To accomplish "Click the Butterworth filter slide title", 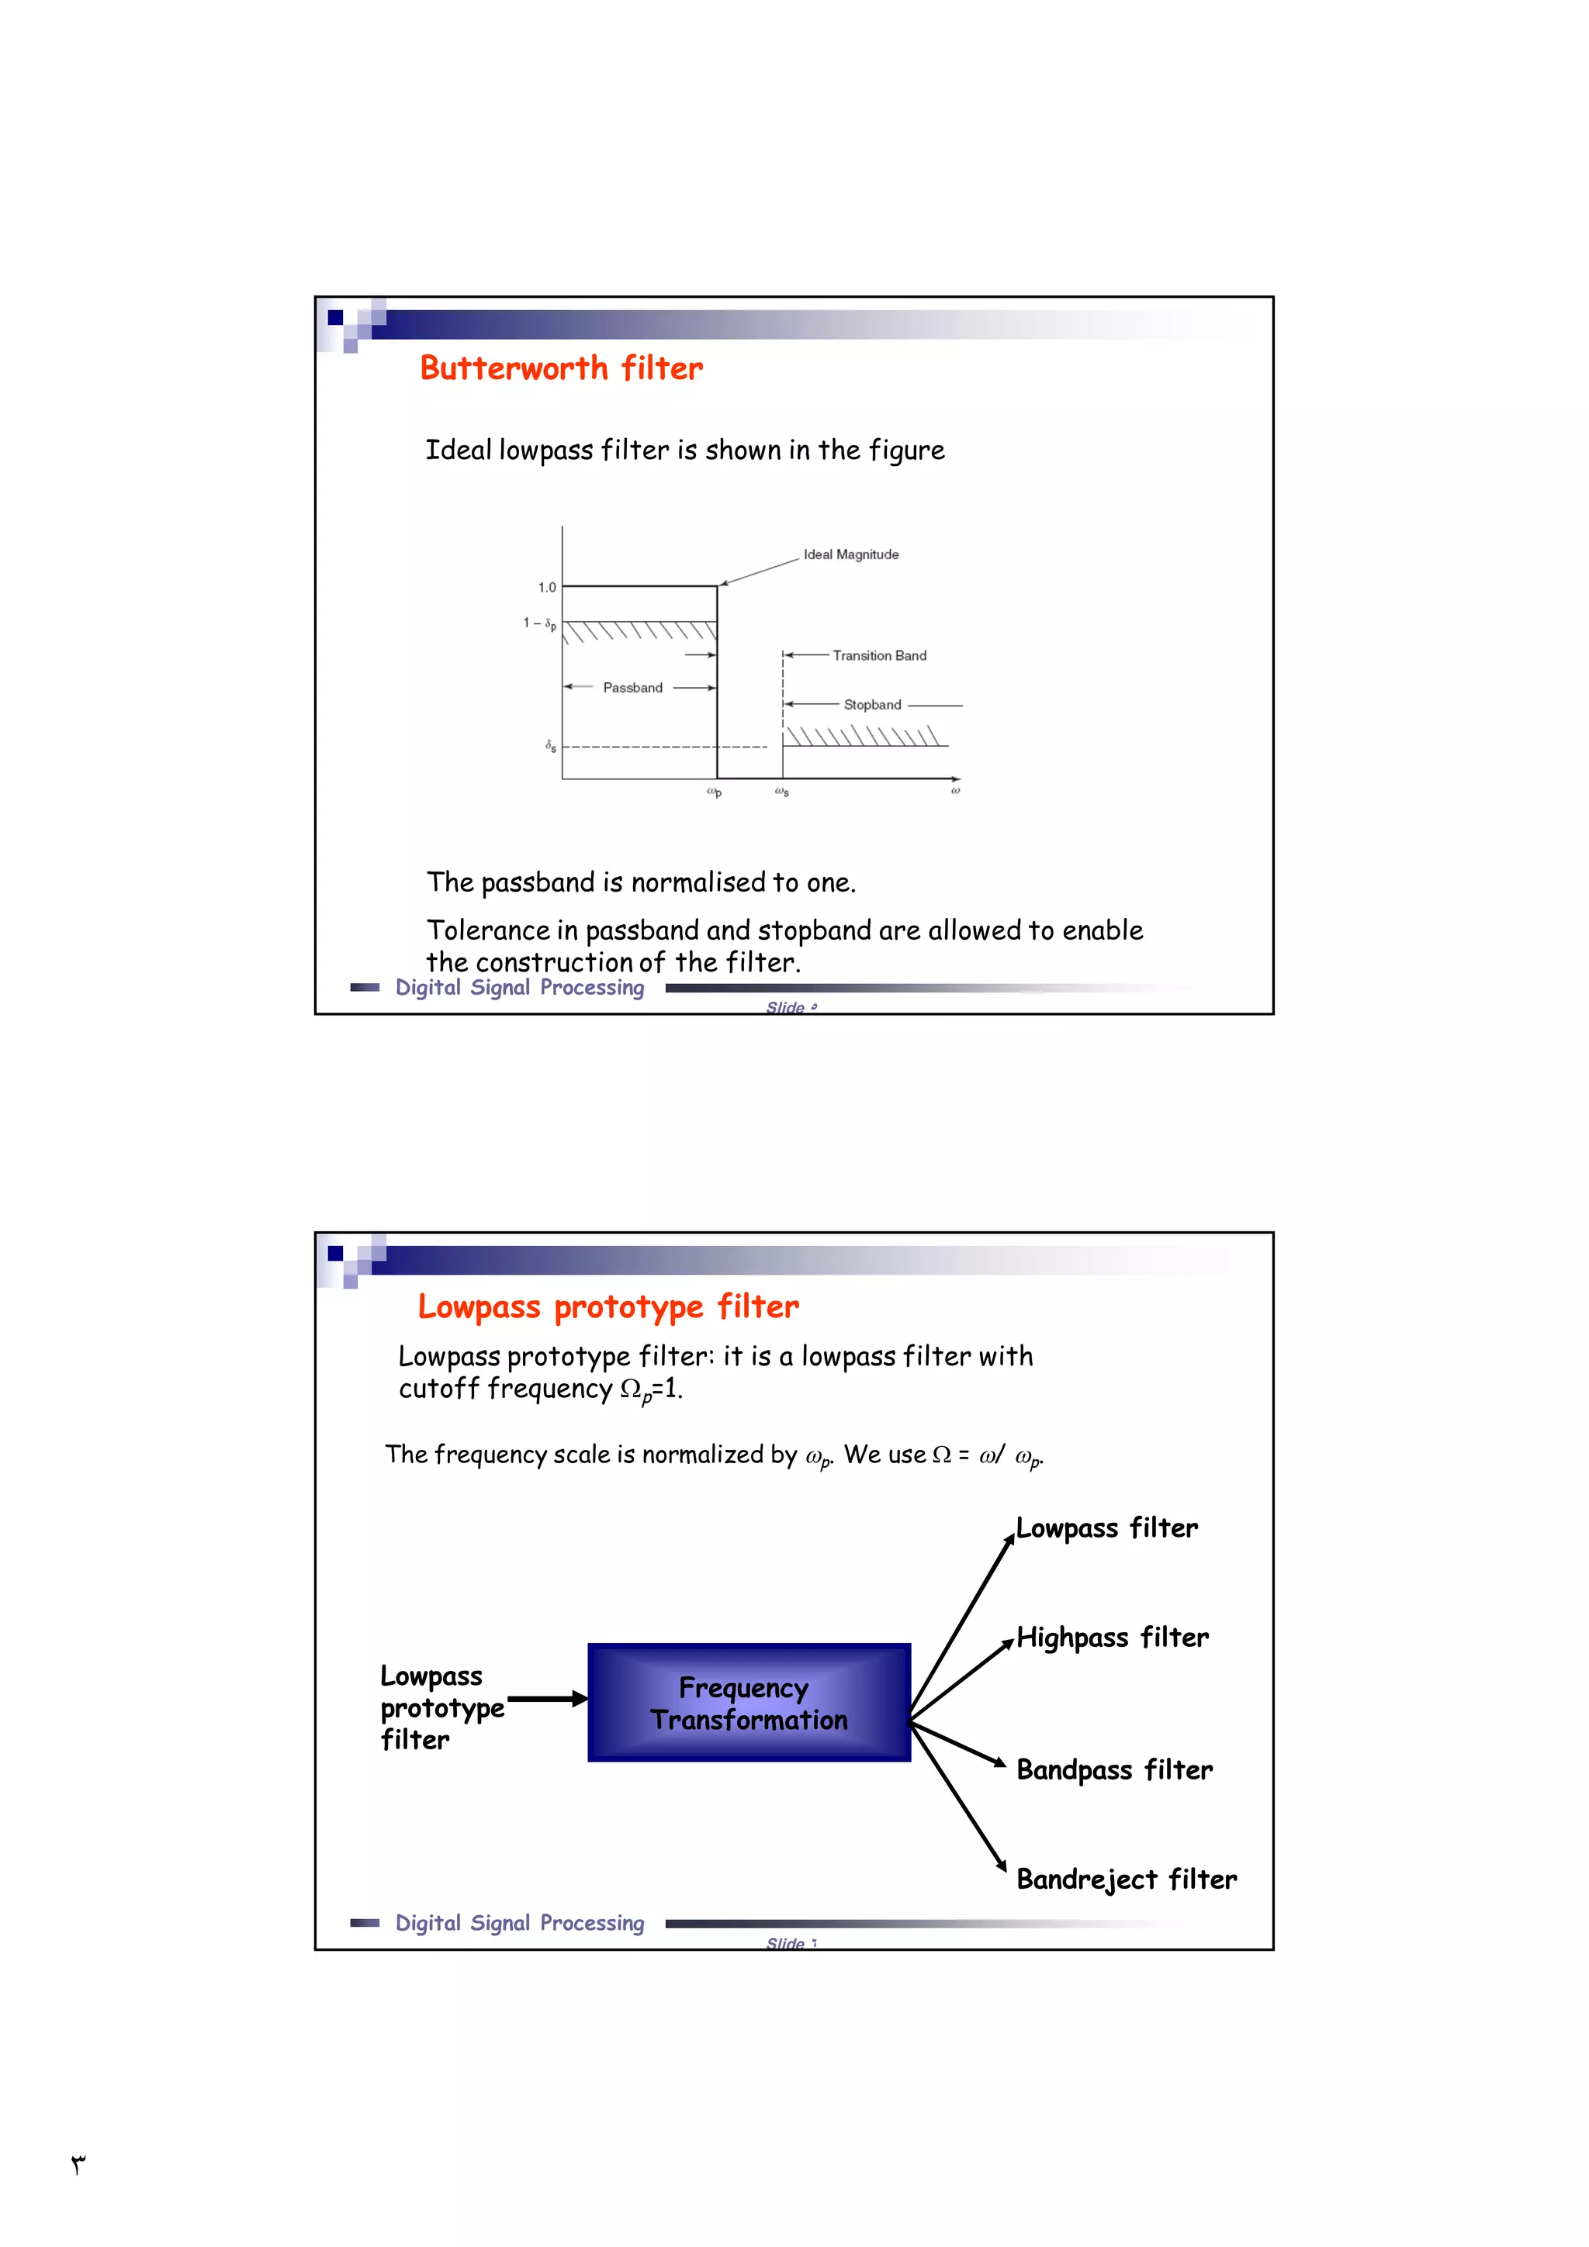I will coord(561,369).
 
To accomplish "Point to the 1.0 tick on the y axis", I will coord(546,587).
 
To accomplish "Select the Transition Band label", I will coord(879,656).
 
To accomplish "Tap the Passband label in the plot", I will coord(632,688).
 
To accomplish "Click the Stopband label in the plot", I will coord(872,705).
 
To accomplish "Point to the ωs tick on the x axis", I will coord(781,792).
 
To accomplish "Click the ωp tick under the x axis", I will coord(714,792).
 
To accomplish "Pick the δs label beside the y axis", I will coord(551,746).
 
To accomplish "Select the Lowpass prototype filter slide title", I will coord(608,1307).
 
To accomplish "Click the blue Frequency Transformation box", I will coord(749,1703).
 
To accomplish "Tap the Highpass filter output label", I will coord(1112,1638).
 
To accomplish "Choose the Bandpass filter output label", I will coord(1114,1769).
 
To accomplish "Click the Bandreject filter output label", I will coord(1126,1879).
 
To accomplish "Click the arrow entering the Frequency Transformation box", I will coord(547,1700).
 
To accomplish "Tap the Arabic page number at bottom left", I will coord(78,2164).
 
